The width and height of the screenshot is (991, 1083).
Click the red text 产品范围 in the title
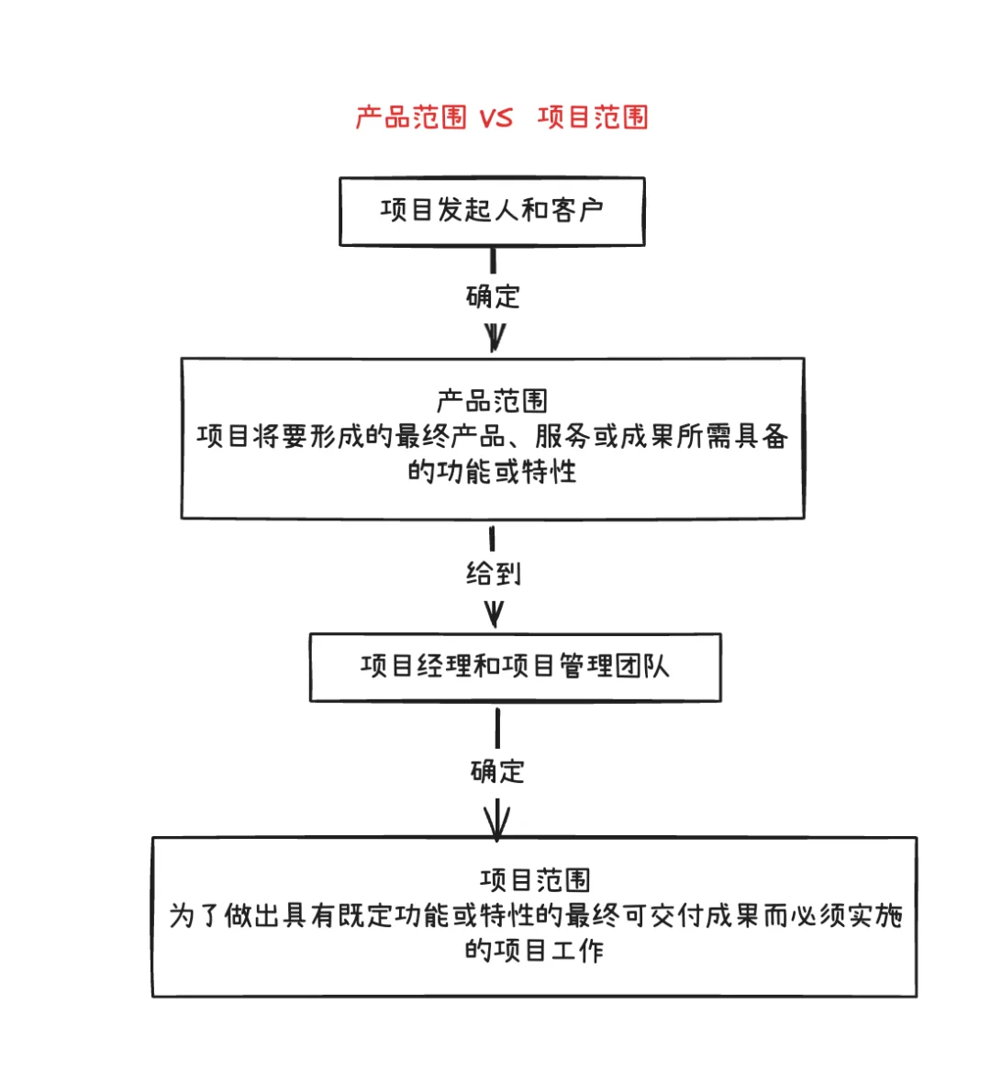(x=411, y=117)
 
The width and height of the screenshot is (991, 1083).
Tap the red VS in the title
(x=496, y=117)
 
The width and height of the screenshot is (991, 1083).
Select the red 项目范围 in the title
(x=593, y=117)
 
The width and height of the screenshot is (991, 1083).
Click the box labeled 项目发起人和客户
(x=492, y=211)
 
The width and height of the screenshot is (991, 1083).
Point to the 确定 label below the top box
(x=493, y=296)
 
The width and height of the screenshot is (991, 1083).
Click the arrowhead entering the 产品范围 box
(x=495, y=340)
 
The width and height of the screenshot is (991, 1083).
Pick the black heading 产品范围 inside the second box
(x=492, y=401)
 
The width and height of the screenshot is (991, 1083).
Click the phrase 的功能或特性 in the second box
(x=492, y=471)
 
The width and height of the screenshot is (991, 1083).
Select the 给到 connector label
(x=494, y=574)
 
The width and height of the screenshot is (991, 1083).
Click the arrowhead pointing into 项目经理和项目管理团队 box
(x=494, y=615)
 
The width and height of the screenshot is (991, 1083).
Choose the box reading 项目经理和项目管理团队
(x=515, y=667)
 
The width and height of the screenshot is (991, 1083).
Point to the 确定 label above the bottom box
(x=497, y=771)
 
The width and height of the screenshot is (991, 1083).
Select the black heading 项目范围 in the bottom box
(x=534, y=880)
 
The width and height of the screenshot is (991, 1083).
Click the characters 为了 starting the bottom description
(x=195, y=915)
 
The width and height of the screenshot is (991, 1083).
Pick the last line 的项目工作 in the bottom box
(x=534, y=950)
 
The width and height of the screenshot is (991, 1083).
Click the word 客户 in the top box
(x=577, y=210)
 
